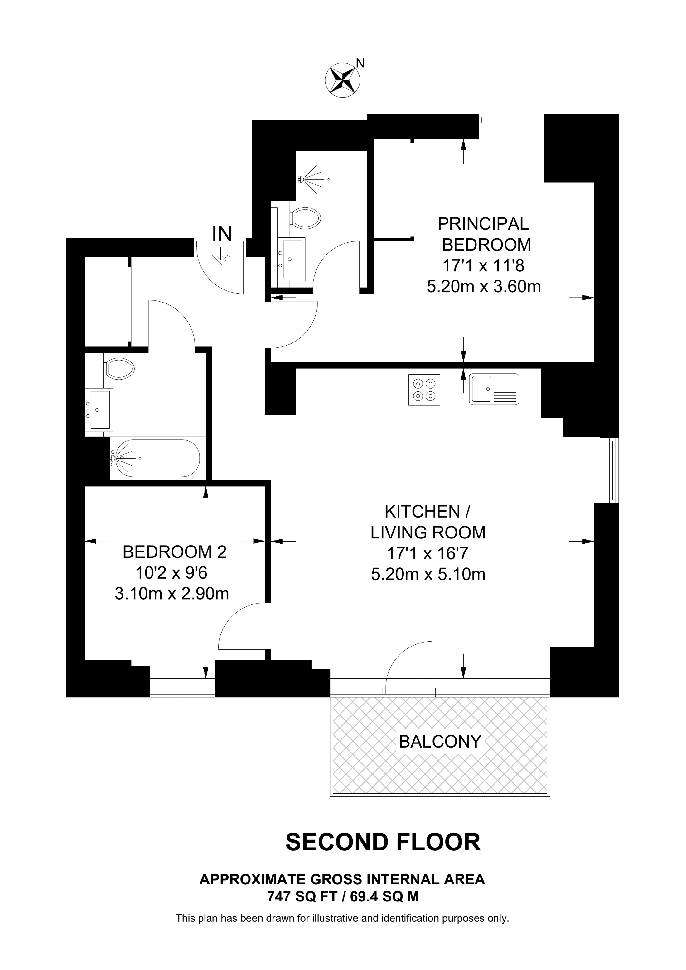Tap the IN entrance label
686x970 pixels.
[x=222, y=234]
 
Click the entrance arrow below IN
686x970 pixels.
[x=222, y=256]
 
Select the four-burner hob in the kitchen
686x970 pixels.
[x=424, y=390]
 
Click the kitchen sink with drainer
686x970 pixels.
[x=494, y=389]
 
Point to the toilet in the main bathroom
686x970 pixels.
[x=120, y=368]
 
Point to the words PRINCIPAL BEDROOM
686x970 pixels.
[x=484, y=234]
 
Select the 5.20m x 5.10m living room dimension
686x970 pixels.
[x=428, y=575]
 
